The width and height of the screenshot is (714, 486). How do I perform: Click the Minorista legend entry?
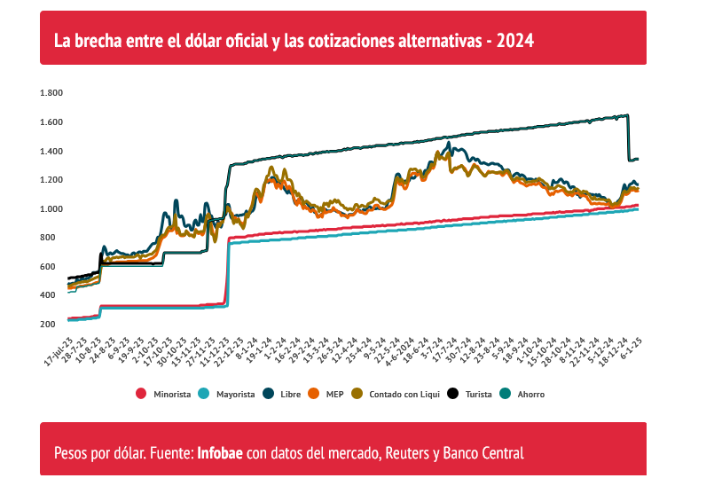coord(171,393)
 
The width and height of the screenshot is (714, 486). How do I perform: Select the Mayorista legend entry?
coord(235,393)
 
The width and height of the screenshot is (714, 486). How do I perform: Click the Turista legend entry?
coord(478,393)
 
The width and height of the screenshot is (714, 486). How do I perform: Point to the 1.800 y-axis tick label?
coord(51,93)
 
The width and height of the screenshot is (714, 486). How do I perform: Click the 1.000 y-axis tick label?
coord(51,209)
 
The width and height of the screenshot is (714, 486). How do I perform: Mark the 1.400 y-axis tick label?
coord(51,152)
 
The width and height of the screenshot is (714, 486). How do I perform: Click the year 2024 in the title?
coord(515,40)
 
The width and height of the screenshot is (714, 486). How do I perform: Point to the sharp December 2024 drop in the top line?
coord(629,137)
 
